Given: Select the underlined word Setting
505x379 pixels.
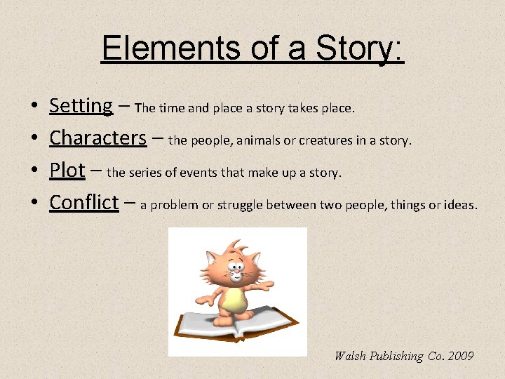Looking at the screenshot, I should click(x=81, y=106).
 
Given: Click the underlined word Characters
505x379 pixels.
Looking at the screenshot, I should click(x=97, y=138).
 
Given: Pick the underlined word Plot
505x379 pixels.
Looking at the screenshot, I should click(x=67, y=171).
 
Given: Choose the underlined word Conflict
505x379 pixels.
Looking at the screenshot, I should click(x=83, y=203).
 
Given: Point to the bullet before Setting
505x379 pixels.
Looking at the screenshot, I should click(x=34, y=107).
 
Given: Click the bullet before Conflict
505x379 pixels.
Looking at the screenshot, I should click(x=34, y=204).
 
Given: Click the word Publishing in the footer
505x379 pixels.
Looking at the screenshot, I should click(x=396, y=357).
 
